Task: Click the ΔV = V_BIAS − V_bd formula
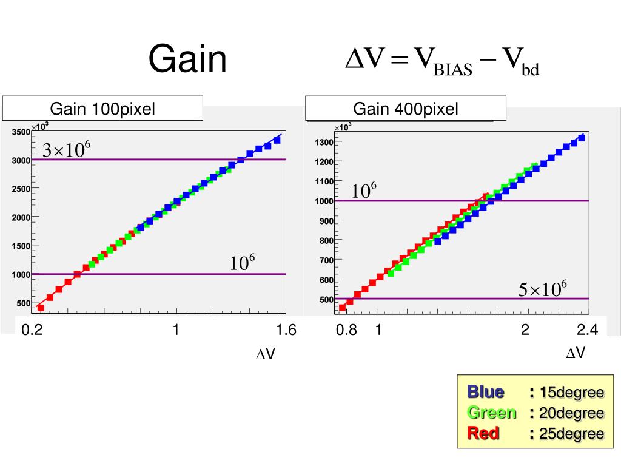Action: tap(442, 61)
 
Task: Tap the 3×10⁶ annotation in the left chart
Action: tap(66, 150)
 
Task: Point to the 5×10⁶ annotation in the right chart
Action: tap(542, 289)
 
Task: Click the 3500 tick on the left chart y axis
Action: tap(21, 132)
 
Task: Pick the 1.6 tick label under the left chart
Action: tap(285, 330)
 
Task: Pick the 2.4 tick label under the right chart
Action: tap(588, 330)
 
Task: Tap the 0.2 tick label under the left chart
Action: tap(32, 330)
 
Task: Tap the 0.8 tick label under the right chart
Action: tap(347, 330)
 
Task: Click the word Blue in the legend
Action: tap(485, 392)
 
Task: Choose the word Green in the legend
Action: tap(491, 413)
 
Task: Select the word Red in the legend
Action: tap(483, 433)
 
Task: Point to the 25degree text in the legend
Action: tap(572, 434)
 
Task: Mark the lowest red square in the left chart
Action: tap(41, 308)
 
